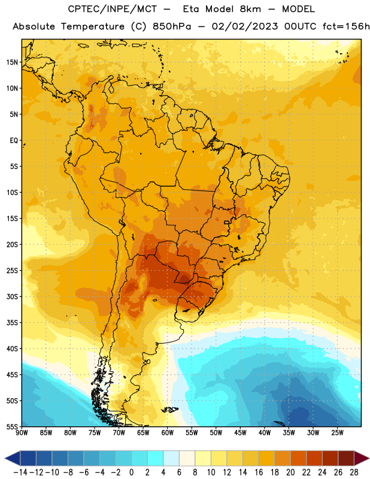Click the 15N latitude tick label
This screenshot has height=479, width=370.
pyautogui.click(x=12, y=62)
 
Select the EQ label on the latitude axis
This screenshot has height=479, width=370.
pyautogui.click(x=14, y=141)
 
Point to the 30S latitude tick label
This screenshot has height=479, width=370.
pyautogui.click(x=12, y=296)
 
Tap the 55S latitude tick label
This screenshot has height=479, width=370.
pyautogui.click(x=12, y=426)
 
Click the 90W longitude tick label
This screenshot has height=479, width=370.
pyautogui.click(x=22, y=433)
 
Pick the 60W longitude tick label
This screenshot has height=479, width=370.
pyautogui.click(x=168, y=433)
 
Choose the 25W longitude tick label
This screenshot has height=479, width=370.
pyautogui.click(x=337, y=433)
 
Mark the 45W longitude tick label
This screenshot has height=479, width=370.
pyautogui.click(x=240, y=433)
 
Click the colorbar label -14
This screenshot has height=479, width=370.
pyautogui.click(x=20, y=472)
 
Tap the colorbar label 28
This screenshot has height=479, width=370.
pyautogui.click(x=354, y=472)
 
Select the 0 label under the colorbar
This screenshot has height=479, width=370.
pyautogui.click(x=131, y=472)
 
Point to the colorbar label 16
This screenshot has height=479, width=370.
pyautogui.click(x=259, y=472)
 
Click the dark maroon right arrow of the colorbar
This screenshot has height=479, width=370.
pyautogui.click(x=361, y=458)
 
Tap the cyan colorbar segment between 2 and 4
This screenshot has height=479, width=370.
pyautogui.click(x=155, y=458)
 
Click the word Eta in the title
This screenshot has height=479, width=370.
pyautogui.click(x=192, y=9)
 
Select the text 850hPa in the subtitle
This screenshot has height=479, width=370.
pyautogui.click(x=172, y=26)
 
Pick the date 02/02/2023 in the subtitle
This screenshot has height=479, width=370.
pyautogui.click(x=245, y=27)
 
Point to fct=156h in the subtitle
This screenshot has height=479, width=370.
pyautogui.click(x=346, y=26)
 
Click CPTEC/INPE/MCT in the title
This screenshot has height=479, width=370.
pyautogui.click(x=113, y=9)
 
